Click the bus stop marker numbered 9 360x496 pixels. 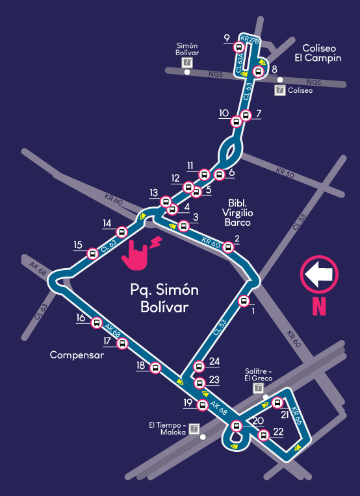click(x=240, y=47)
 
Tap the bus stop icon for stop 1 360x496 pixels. click(x=244, y=300)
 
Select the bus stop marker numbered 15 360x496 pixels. click(x=94, y=253)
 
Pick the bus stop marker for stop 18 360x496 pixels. click(x=155, y=368)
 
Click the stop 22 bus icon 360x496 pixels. click(x=263, y=435)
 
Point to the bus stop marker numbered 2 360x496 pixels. click(x=229, y=248)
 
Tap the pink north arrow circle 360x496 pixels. click(x=319, y=275)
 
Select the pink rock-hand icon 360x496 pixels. click(x=136, y=253)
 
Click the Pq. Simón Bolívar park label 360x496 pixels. click(x=164, y=298)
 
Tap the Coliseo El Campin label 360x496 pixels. click(x=318, y=53)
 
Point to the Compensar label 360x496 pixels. click(x=77, y=355)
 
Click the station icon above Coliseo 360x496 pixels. click(x=280, y=90)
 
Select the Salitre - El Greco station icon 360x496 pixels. click(x=259, y=388)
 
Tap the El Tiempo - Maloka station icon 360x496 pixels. click(x=193, y=428)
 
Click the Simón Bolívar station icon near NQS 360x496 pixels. click(x=187, y=63)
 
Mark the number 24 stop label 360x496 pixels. click(x=214, y=362)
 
